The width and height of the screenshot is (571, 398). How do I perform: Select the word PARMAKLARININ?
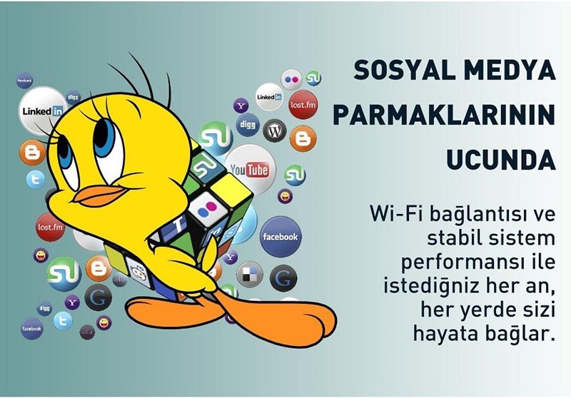(444, 115)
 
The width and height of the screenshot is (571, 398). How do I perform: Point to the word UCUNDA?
(501, 160)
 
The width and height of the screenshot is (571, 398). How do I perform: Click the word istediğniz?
(431, 286)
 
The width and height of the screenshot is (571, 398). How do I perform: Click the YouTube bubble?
(251, 169)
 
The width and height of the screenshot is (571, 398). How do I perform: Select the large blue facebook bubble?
(281, 237)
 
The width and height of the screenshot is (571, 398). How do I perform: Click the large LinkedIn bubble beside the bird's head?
(43, 111)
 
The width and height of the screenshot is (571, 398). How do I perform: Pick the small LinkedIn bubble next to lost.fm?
(269, 97)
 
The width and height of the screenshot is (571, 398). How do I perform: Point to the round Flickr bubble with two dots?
(291, 79)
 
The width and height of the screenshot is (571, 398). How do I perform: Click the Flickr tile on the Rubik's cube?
(207, 207)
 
